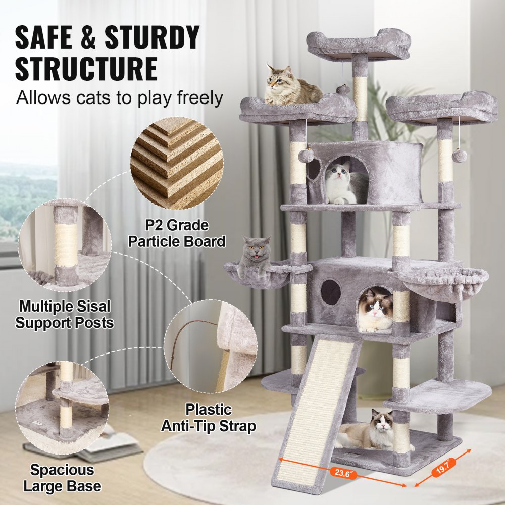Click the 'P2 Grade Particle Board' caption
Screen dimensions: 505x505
176,233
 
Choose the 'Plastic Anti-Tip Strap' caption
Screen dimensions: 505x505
208,418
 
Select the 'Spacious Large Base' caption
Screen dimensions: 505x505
62,478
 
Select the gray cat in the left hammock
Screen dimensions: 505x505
255,257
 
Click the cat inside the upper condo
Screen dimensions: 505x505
343,183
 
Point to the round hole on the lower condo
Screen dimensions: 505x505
331,292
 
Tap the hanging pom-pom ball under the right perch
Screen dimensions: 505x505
460,156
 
